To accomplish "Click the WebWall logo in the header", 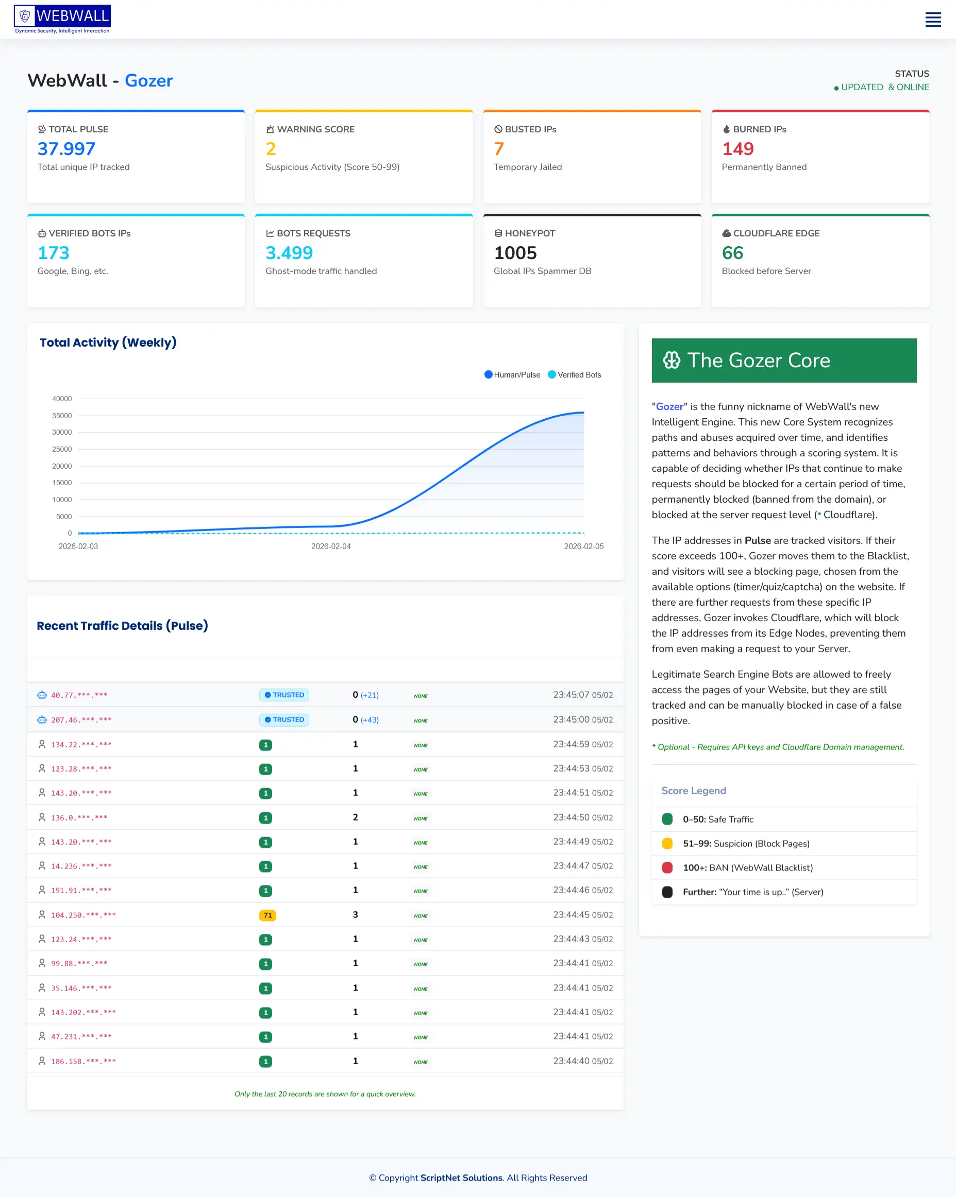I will pyautogui.click(x=62, y=19).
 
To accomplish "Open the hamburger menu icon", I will pyautogui.click(x=933, y=20).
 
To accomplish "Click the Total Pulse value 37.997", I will pyautogui.click(x=66, y=149).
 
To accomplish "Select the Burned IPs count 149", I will pyautogui.click(x=737, y=149).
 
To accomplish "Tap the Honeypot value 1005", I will pyautogui.click(x=515, y=253).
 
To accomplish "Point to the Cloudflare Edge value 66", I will pyautogui.click(x=732, y=253).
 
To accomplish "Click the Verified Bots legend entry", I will pyautogui.click(x=575, y=375).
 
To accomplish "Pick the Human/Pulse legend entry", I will pyautogui.click(x=512, y=375).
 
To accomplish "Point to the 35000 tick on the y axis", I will pyautogui.click(x=62, y=416).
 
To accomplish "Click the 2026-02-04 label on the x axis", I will pyautogui.click(x=330, y=546).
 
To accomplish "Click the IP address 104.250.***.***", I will pyautogui.click(x=83, y=915).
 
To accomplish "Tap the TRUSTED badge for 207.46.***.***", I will pyautogui.click(x=284, y=720).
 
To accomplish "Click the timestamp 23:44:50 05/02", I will pyautogui.click(x=583, y=817).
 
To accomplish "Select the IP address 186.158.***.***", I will pyautogui.click(x=83, y=1061).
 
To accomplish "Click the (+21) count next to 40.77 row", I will pyautogui.click(x=370, y=695).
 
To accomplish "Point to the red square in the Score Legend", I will pyautogui.click(x=667, y=868).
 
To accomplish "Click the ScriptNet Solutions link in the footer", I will pyautogui.click(x=461, y=1177).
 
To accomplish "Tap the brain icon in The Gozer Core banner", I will pyautogui.click(x=671, y=361).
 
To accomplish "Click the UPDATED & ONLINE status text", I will pyautogui.click(x=884, y=87).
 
